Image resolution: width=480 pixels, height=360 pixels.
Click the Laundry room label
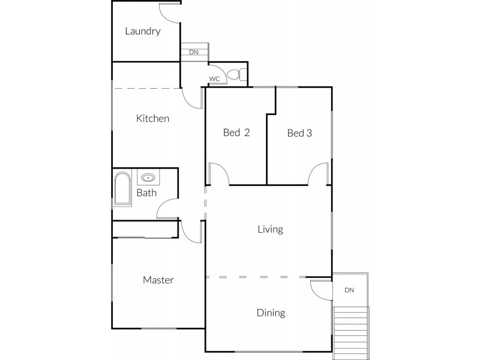click(142, 31)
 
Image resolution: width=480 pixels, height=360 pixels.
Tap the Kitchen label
click(152, 118)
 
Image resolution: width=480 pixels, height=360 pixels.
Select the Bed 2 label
click(236, 133)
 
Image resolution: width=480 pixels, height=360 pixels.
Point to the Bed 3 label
click(299, 133)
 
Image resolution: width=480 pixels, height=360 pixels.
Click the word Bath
click(146, 193)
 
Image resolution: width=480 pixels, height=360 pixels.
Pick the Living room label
click(270, 229)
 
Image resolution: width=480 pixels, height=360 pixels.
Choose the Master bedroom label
click(158, 280)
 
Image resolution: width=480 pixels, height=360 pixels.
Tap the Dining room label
click(271, 313)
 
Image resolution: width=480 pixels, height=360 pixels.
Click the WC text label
click(214, 79)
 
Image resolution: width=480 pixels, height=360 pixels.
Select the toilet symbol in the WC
click(241, 74)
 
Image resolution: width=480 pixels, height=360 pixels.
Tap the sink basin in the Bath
click(148, 178)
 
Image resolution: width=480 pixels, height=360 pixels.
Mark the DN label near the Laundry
click(193, 52)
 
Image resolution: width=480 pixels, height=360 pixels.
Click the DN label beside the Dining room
click(349, 290)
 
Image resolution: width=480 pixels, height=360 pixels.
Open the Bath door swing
click(166, 208)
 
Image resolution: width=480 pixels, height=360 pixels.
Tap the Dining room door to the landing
click(321, 289)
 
